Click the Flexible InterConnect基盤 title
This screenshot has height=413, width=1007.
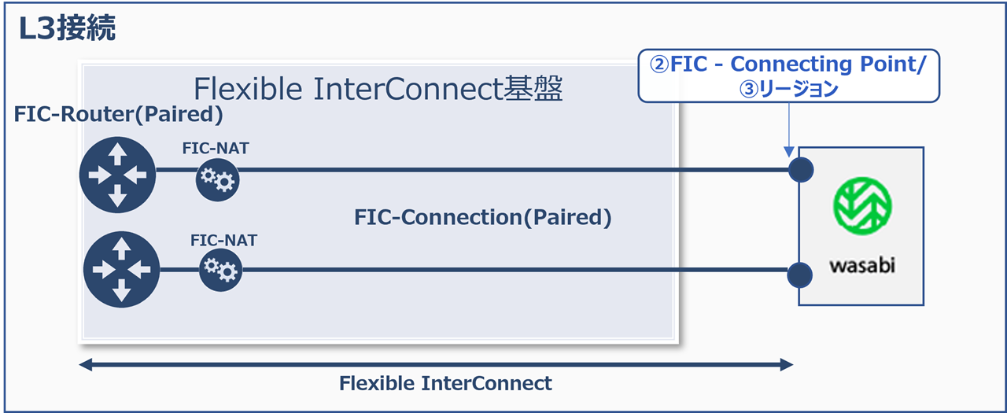378,89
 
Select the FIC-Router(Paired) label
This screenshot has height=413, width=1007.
119,115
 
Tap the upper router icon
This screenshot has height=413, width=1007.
118,175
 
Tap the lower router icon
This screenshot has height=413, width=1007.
121,270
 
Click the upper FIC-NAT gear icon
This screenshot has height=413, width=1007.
217,181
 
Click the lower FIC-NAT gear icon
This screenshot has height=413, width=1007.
220,270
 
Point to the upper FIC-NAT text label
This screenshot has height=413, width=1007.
215,148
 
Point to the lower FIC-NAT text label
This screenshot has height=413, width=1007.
223,240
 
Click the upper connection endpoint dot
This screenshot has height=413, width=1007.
800,169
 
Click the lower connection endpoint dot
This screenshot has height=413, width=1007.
799,274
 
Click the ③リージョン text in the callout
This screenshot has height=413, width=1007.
788,89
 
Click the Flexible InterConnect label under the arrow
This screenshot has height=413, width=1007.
445,384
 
